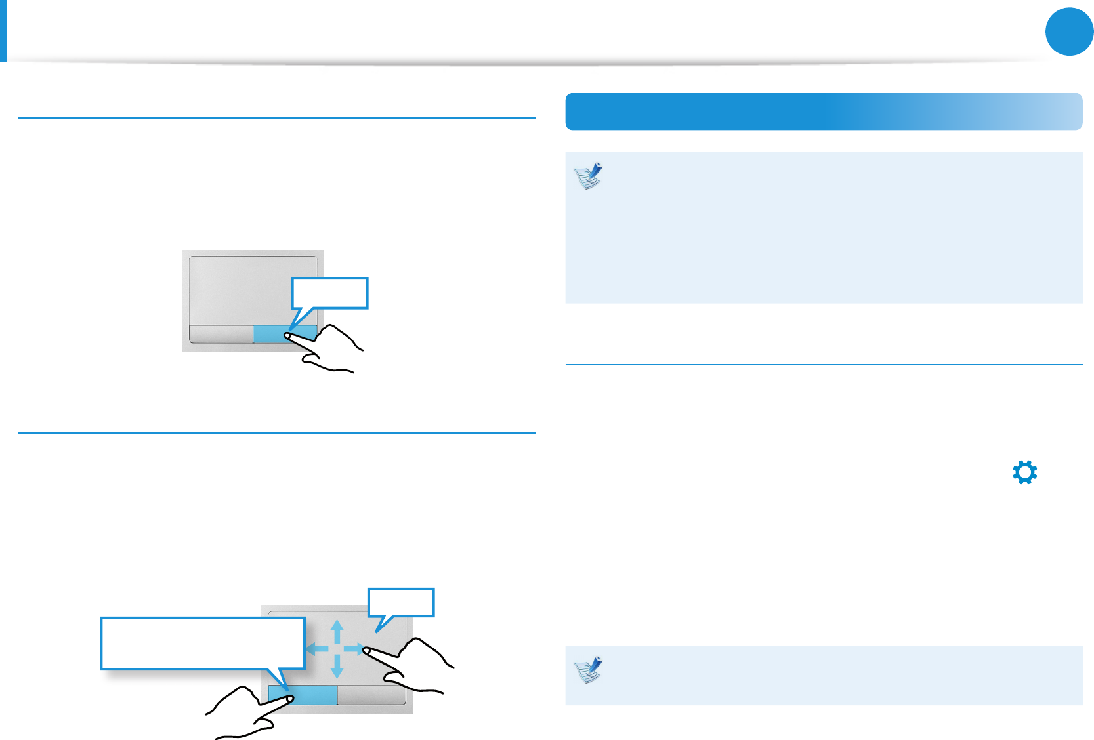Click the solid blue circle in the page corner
[1069, 31]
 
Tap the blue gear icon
[1024, 472]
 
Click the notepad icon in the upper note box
[589, 176]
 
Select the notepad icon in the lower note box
[589, 670]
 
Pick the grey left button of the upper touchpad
[221, 334]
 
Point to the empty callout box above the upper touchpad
[329, 293]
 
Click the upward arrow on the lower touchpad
[337, 632]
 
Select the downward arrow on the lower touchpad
[337, 667]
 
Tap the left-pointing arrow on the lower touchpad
[317, 649]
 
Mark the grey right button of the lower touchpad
[371, 695]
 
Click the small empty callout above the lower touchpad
[401, 602]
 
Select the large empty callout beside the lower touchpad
[202, 643]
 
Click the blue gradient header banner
[823, 112]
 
